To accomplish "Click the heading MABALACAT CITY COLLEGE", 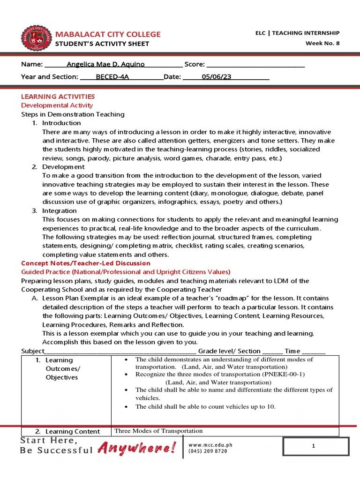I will point(108,34).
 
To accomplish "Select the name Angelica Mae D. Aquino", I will point(105,64).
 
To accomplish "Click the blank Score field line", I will point(255,65).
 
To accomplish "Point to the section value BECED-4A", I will point(112,77).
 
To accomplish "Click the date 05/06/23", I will point(217,77).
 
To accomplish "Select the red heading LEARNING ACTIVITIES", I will point(58,96).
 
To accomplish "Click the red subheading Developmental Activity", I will point(57,105).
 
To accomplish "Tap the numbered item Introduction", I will point(61,123).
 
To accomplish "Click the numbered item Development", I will point(63,167).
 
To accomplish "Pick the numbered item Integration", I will point(60,211).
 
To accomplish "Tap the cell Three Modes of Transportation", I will point(158,431).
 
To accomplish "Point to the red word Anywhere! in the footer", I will point(136,449).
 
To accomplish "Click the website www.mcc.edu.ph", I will point(210,445).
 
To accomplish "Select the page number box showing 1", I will point(313,447).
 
